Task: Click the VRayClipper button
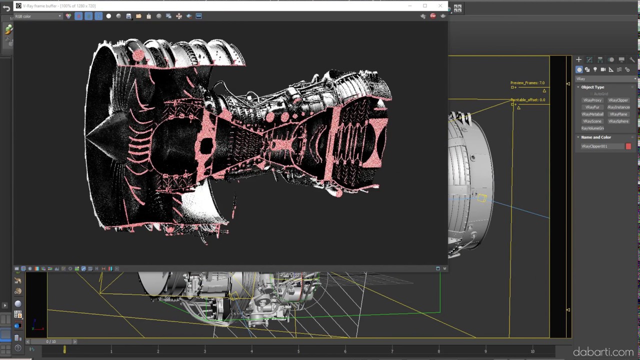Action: click(x=618, y=100)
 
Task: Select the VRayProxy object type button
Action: click(x=592, y=100)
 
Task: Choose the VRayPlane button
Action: click(x=618, y=114)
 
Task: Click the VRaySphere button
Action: click(x=618, y=121)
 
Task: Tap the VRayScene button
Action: click(x=592, y=121)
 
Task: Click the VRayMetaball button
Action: click(x=592, y=114)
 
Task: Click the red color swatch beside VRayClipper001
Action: click(x=628, y=146)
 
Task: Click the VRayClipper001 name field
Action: click(x=601, y=146)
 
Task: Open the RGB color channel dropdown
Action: click(x=38, y=16)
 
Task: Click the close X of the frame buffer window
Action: click(x=440, y=6)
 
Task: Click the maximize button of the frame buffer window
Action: click(x=425, y=6)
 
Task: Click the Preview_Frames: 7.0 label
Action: click(x=527, y=83)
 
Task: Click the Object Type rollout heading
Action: click(x=592, y=87)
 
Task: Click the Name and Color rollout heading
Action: click(x=596, y=137)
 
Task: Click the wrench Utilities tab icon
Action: click(x=632, y=59)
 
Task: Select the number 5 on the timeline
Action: click(x=298, y=351)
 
